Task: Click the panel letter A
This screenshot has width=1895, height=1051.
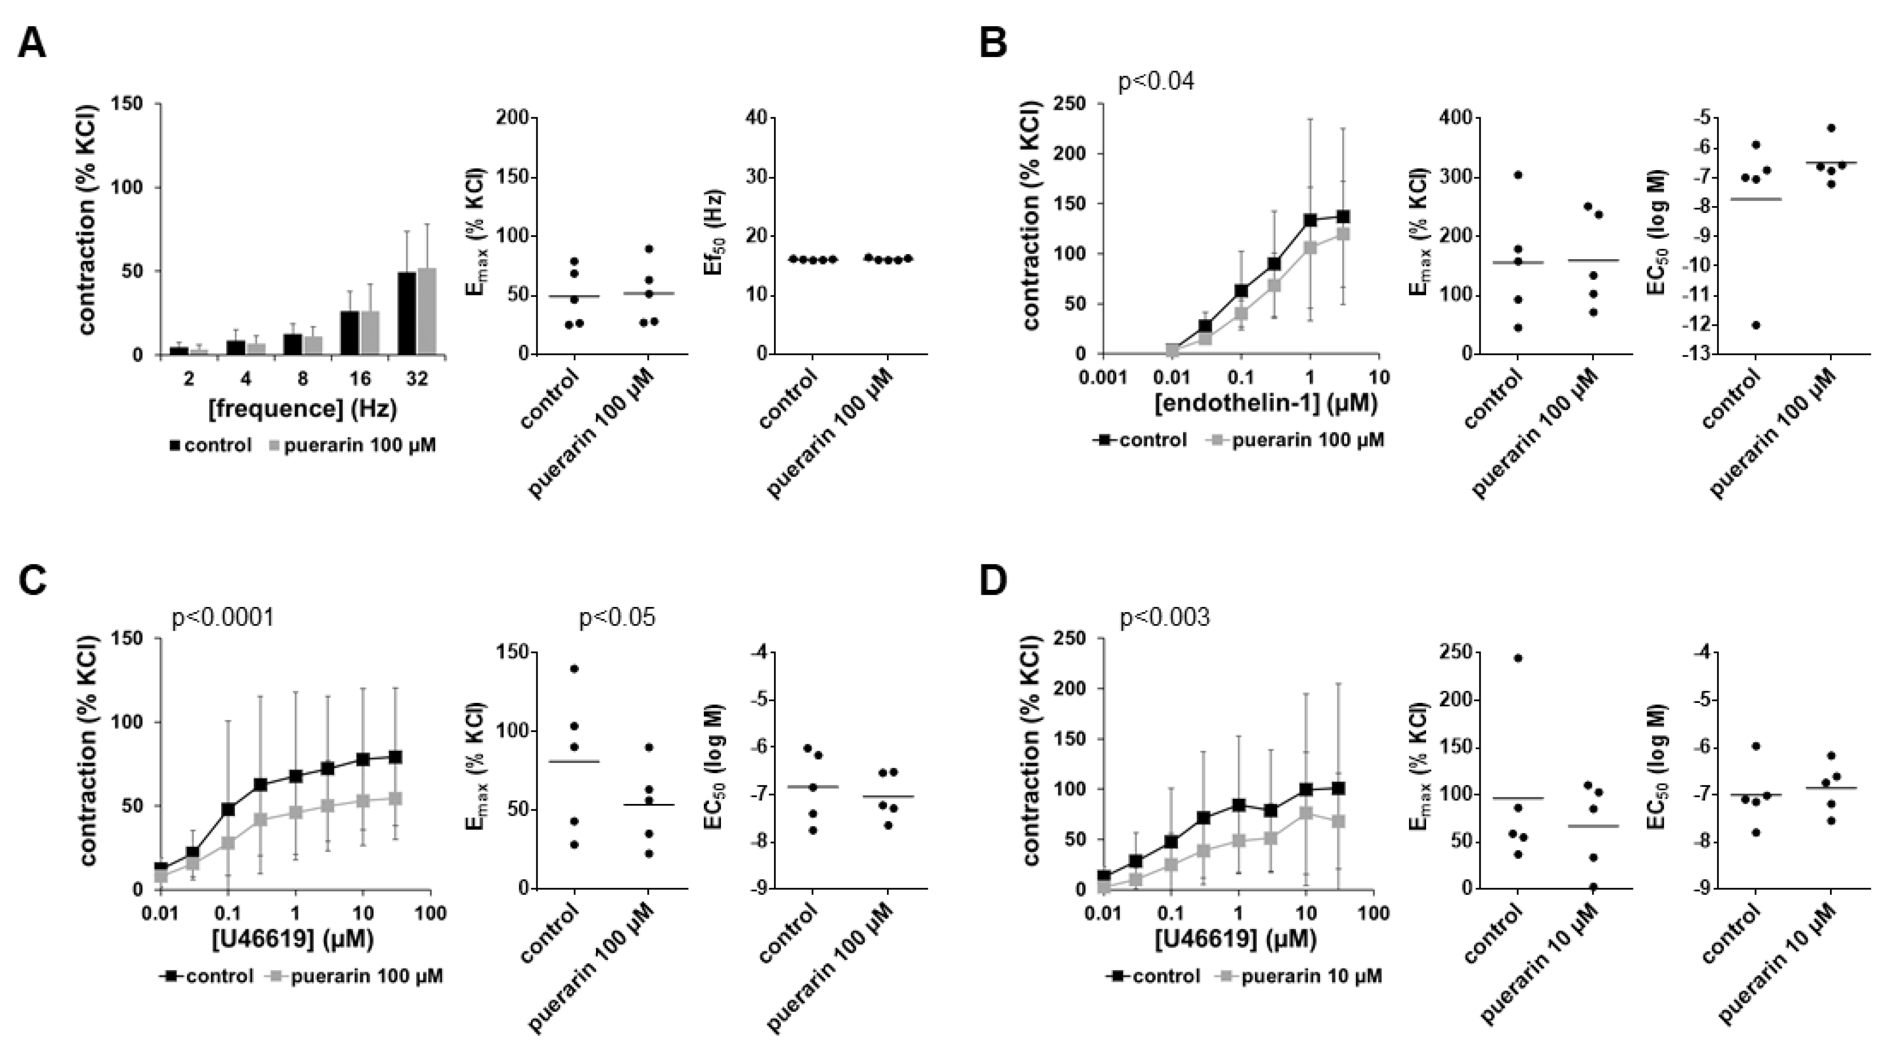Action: [32, 44]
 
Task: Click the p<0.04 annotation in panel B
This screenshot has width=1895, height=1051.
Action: [1157, 81]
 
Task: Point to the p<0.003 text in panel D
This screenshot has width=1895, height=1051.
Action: [1165, 617]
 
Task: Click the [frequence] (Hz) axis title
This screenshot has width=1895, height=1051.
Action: [302, 408]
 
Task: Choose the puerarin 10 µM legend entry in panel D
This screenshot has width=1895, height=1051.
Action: [1302, 976]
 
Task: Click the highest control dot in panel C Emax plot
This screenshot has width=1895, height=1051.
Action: [575, 668]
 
